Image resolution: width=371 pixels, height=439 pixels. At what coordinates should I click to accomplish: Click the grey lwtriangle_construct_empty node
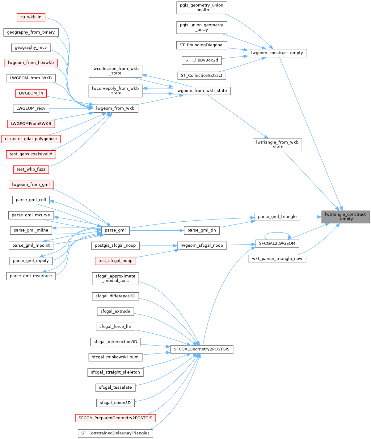(345, 216)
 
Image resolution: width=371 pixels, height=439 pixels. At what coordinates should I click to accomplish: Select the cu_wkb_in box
(31, 17)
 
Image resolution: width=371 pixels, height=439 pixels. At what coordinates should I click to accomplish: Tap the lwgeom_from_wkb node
(115, 108)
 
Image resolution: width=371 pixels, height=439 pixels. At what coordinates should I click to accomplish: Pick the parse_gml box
(115, 230)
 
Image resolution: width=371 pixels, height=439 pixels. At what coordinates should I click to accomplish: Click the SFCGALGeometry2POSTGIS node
(201, 349)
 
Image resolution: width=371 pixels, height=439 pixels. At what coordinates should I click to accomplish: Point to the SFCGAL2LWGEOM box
(277, 243)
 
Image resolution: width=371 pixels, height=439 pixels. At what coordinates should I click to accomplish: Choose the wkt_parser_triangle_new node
(277, 258)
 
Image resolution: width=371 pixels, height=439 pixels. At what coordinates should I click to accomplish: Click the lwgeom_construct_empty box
(277, 53)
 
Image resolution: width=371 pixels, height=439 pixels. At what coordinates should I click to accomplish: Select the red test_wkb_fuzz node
(31, 169)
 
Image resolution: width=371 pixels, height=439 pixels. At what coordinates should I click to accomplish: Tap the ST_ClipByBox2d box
(202, 60)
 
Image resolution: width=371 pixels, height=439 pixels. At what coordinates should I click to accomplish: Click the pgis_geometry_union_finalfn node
(202, 7)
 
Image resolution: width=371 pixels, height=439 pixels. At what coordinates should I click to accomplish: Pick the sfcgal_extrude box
(115, 311)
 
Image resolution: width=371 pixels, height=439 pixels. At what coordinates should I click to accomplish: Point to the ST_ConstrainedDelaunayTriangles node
(115, 433)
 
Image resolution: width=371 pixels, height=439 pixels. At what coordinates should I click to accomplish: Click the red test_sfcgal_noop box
(115, 261)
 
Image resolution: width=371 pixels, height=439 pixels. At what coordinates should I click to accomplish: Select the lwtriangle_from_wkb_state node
(277, 144)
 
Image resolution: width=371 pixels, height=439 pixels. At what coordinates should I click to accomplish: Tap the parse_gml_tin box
(202, 230)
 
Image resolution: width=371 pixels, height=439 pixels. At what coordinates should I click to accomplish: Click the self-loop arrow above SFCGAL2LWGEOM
(277, 233)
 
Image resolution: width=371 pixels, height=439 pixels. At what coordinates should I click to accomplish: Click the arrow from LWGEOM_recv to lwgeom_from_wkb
(71, 108)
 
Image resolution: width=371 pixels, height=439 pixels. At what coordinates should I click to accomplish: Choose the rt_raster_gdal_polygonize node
(31, 139)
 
